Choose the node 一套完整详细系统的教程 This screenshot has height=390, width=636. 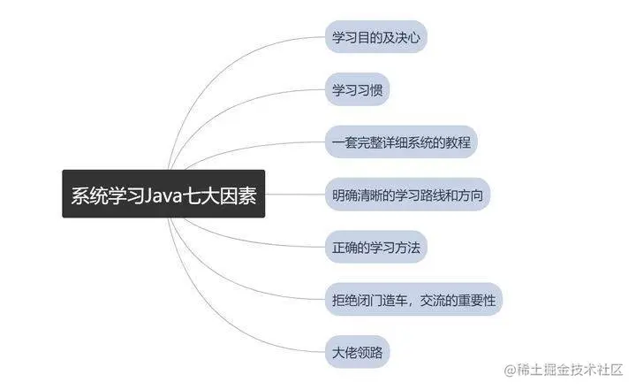(x=402, y=142)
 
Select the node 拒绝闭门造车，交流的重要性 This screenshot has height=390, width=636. (x=413, y=299)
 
